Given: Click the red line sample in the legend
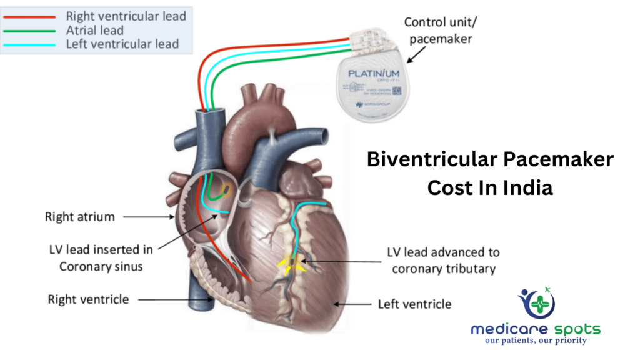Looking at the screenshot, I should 31,16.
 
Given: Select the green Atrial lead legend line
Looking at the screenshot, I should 31,29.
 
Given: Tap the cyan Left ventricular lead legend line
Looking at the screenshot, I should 31,44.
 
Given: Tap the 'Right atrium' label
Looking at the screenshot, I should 80,217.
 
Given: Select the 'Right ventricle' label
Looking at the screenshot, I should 88,299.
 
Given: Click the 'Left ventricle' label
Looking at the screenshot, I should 414,304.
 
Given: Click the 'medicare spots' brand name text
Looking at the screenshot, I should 535,329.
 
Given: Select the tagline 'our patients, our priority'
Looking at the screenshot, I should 536,341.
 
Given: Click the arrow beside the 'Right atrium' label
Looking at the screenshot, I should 150,217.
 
